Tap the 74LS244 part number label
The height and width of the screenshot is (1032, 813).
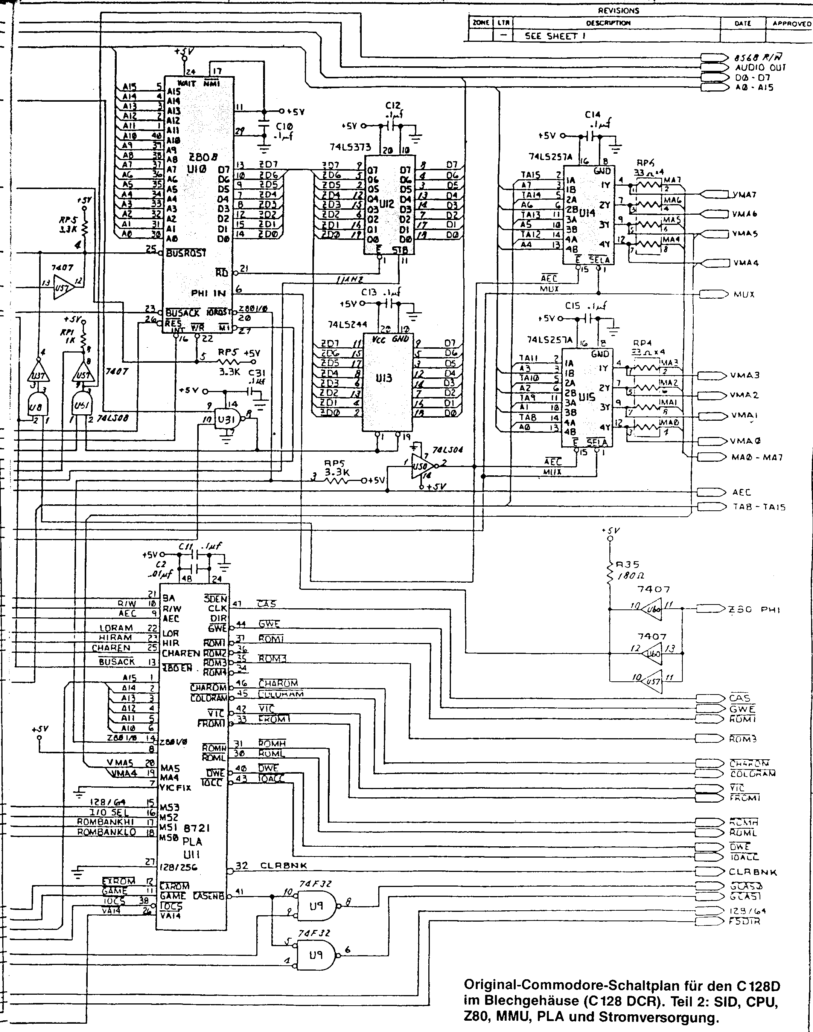pos(347,325)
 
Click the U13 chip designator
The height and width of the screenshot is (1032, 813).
pos(384,379)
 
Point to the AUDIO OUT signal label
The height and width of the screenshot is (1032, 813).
pos(761,68)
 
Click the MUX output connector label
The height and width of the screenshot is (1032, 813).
pos(744,294)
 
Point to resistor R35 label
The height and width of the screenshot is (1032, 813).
pos(627,565)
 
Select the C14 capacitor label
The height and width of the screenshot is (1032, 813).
pos(592,115)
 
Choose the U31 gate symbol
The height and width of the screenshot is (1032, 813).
pos(225,419)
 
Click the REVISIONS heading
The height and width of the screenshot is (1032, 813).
pos(618,11)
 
